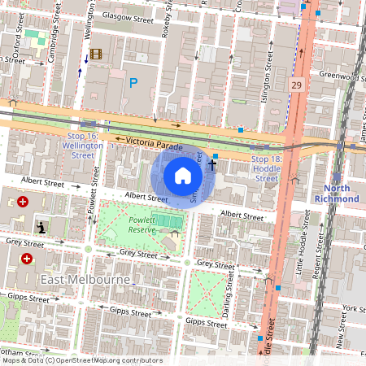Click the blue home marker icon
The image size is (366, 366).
(183, 175)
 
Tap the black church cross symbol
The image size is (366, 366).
(212, 165)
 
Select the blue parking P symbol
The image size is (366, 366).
(134, 82)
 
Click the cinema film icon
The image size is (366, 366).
(97, 54)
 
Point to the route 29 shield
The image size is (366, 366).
(297, 85)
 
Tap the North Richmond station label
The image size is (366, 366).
(336, 193)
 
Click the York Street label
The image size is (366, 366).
(353, 309)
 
